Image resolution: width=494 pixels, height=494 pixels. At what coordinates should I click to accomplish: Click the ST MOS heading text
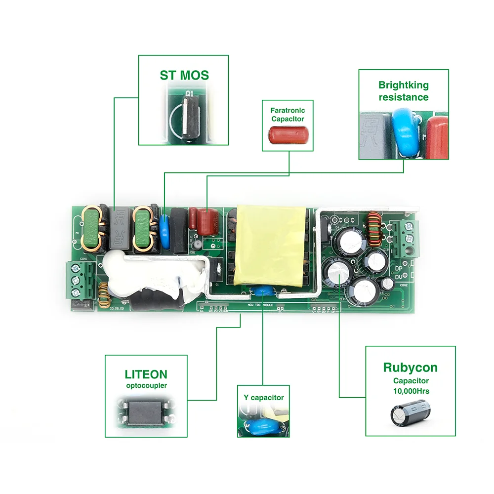[x=184, y=75]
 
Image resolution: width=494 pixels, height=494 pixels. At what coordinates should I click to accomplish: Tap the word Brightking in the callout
[x=403, y=85]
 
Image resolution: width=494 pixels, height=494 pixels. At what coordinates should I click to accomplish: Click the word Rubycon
[x=410, y=368]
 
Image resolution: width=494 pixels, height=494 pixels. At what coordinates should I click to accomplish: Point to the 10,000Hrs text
[x=411, y=391]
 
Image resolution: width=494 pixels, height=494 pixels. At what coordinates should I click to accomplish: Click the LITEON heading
[x=146, y=374]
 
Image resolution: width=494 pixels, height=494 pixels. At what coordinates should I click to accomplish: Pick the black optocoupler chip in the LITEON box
[x=146, y=411]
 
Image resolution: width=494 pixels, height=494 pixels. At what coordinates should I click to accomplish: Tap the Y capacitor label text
[x=264, y=397]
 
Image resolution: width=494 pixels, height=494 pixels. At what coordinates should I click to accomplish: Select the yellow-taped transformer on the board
[x=270, y=245]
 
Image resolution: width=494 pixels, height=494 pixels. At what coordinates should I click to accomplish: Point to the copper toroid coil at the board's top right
[x=373, y=228]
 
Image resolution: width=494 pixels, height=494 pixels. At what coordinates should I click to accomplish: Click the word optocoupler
[x=146, y=386]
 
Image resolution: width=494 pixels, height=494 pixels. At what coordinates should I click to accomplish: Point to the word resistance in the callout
[x=403, y=97]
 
